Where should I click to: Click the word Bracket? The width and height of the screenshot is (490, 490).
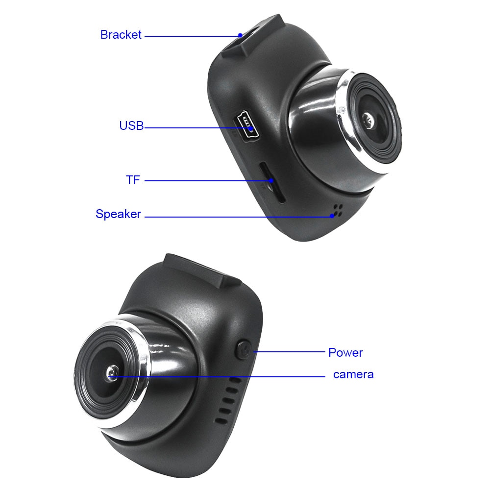(121, 35)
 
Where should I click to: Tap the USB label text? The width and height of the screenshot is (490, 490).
(131, 126)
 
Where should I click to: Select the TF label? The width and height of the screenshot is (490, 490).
(133, 180)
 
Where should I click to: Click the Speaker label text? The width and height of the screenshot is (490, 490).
(118, 214)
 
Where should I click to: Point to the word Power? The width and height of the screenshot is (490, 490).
(345, 352)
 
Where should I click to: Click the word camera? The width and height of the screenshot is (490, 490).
(353, 374)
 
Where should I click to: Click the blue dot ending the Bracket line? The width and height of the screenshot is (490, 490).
(240, 35)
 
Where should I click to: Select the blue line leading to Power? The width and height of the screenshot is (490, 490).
(289, 352)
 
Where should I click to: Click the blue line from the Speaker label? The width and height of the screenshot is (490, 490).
(235, 216)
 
